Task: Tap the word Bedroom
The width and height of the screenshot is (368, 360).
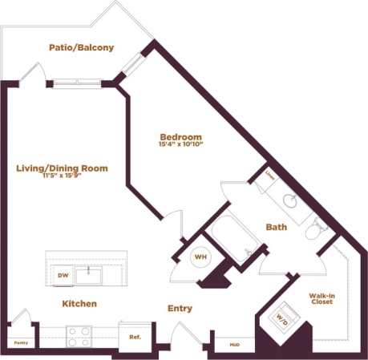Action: pos(180,136)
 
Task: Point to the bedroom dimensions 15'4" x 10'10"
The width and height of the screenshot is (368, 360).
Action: pos(180,145)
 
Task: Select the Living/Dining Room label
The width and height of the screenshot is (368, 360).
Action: pos(62,168)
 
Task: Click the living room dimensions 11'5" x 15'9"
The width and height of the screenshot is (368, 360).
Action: pos(62,176)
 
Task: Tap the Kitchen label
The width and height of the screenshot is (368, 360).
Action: pos(79,304)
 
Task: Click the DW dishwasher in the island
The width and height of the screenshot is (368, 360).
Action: pos(63,275)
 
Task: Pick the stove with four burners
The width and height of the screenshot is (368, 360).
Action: pos(79,335)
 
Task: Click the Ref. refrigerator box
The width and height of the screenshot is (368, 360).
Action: pos(135,336)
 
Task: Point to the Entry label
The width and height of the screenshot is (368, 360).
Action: pos(180,309)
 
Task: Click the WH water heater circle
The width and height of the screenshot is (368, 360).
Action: pos(200,257)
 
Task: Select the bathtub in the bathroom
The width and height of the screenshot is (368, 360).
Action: pos(233,237)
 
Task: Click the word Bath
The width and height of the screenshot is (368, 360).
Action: pos(277,227)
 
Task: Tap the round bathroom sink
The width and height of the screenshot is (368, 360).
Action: pos(293,200)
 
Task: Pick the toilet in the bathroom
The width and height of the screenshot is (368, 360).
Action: pos(315,229)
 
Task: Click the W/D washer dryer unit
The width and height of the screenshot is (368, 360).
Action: pos(283,316)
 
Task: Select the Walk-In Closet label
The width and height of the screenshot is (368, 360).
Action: pos(321,299)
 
